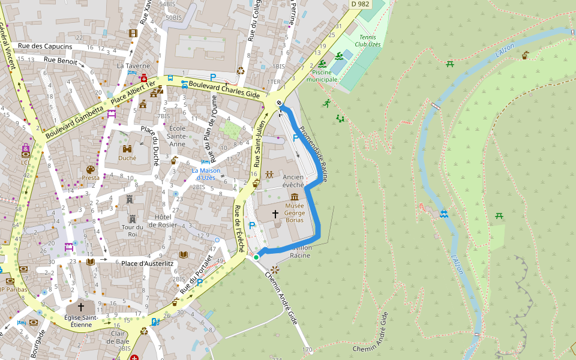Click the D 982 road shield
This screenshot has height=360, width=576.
[x=360, y=4]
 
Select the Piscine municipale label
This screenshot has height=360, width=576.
[x=322, y=76]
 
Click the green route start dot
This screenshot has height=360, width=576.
[x=256, y=257]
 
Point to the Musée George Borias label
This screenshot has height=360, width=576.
[x=294, y=213]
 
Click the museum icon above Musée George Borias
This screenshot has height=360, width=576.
[x=295, y=197]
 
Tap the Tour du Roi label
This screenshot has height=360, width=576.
[x=132, y=231]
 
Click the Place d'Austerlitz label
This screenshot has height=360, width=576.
[x=147, y=263]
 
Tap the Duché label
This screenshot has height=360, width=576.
[x=127, y=158]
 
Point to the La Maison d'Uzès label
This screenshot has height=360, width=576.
[x=206, y=174]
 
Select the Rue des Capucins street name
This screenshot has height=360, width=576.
[x=45, y=46]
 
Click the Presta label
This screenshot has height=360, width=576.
[x=91, y=178]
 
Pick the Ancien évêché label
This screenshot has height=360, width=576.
[x=293, y=181]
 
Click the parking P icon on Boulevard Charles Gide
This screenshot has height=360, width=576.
[x=213, y=77]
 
